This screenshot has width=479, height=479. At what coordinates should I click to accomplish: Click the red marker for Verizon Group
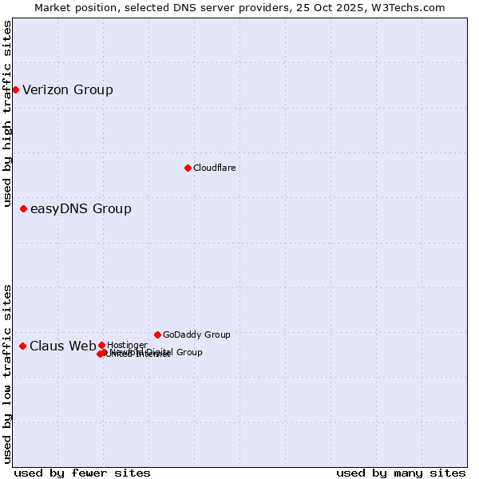pyautogui.click(x=15, y=89)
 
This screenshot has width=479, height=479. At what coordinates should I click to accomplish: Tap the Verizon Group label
pyautogui.click(x=68, y=89)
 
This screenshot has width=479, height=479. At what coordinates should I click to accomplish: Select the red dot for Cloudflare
pyautogui.click(x=188, y=168)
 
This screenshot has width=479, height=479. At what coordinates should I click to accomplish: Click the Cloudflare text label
pyautogui.click(x=214, y=168)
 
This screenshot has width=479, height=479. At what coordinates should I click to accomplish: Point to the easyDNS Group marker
pyautogui.click(x=23, y=208)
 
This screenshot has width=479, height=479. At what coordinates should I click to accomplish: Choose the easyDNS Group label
pyautogui.click(x=81, y=209)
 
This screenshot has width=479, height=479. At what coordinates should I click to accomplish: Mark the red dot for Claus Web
pyautogui.click(x=22, y=346)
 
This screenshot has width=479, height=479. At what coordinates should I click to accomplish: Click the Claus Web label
pyautogui.click(x=62, y=346)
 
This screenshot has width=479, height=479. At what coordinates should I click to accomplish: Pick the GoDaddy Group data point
pyautogui.click(x=157, y=335)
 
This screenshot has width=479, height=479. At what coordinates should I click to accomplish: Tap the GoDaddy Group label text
pyautogui.click(x=196, y=335)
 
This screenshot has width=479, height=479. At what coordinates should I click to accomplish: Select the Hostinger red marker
pyautogui.click(x=101, y=345)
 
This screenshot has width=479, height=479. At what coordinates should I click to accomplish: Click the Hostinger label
pyautogui.click(x=127, y=345)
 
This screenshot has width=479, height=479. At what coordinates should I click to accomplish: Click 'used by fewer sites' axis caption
pyautogui.click(x=82, y=473)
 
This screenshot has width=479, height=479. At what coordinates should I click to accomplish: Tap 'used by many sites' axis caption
pyautogui.click(x=401, y=473)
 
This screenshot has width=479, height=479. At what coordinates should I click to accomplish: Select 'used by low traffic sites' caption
pyautogui.click(x=8, y=374)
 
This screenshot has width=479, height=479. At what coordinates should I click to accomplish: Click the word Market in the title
pyautogui.click(x=53, y=7)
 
